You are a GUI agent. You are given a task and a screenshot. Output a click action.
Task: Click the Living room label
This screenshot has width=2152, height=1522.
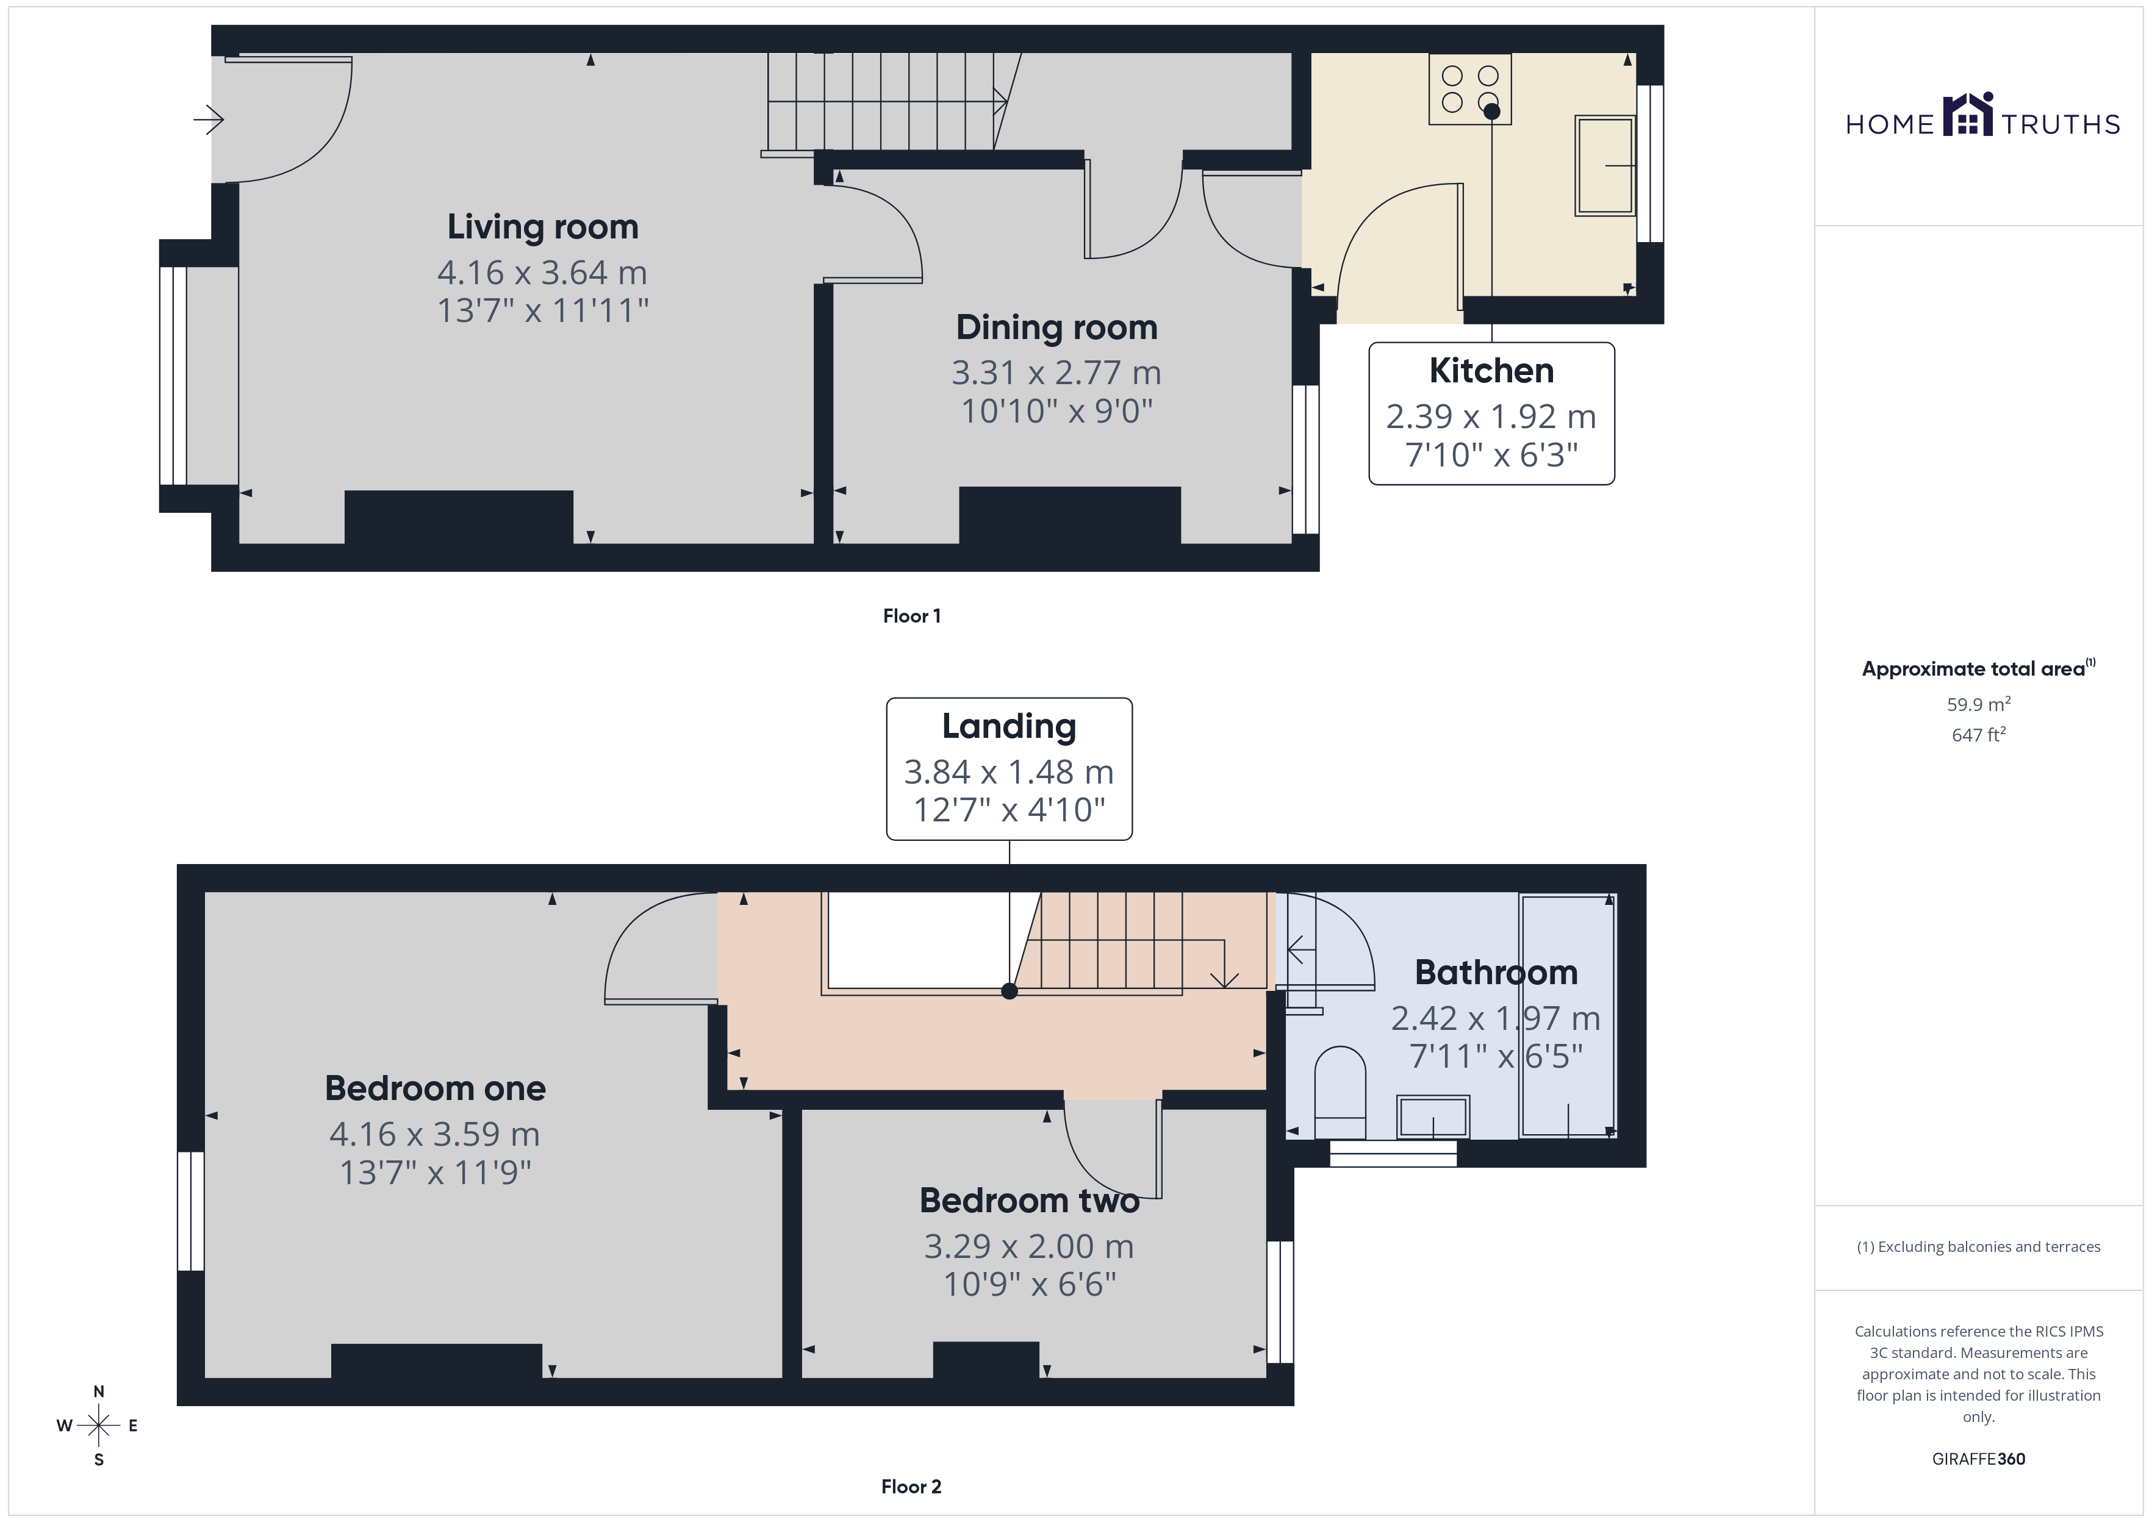[543, 227]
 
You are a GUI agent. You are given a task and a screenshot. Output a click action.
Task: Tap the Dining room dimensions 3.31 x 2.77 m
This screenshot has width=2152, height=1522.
[1056, 373]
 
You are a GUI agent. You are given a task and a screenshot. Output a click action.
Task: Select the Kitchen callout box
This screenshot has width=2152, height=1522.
[1491, 413]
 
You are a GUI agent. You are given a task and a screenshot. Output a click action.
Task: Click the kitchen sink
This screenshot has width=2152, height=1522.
[1605, 166]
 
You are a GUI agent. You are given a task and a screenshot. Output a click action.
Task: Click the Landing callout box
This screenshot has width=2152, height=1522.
[1010, 768]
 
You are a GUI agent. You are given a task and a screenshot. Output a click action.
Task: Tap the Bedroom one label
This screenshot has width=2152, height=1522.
[435, 1088]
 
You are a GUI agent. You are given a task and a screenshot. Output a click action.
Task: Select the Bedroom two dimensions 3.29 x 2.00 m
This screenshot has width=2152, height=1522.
[1029, 1246]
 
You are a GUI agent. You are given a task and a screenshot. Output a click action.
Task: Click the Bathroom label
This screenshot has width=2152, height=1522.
[1496, 973]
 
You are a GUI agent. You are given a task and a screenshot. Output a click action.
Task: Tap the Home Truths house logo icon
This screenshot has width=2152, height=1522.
[1968, 115]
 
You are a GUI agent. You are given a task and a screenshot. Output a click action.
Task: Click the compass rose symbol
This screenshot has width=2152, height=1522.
[98, 1426]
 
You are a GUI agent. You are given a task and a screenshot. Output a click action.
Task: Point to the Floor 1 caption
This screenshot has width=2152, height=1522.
[912, 616]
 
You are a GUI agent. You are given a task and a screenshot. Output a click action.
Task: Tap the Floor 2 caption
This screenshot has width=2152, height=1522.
[911, 1487]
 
